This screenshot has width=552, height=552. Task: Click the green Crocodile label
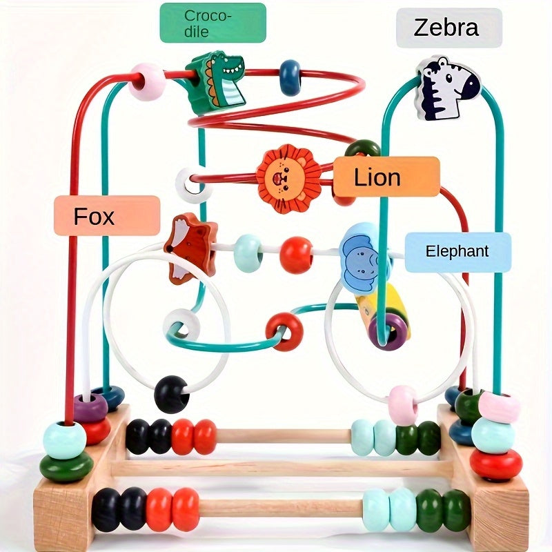213,23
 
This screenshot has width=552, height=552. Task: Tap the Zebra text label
448,28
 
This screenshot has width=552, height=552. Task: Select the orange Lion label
386,177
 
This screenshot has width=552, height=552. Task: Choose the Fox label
107,216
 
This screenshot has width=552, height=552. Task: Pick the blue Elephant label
457,252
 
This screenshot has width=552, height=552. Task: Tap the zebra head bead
448,88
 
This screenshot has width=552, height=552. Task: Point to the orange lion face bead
288,178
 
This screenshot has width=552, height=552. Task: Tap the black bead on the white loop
171,394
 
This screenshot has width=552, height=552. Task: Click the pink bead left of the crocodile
148,81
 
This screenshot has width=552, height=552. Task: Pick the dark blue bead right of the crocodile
290,77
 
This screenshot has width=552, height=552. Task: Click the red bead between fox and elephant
296,254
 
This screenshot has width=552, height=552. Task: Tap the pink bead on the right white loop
403,405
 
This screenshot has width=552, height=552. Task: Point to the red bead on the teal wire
284,331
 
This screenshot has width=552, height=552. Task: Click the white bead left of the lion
194,184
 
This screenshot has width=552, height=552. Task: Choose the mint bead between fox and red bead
248,252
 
